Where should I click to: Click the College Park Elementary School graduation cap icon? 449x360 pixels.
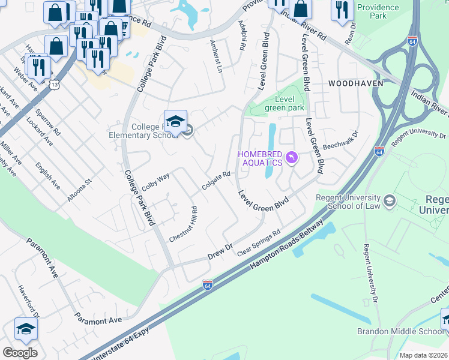175,122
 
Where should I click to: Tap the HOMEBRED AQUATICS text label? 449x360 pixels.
259,158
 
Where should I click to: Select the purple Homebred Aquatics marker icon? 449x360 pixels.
291,157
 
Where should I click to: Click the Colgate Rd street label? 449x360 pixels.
216,181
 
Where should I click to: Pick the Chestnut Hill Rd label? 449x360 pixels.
183,224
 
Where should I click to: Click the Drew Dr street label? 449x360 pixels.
220,250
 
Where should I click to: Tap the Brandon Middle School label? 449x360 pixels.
401,331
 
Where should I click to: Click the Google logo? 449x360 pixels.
20,353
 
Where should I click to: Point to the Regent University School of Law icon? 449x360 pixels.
391,200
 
